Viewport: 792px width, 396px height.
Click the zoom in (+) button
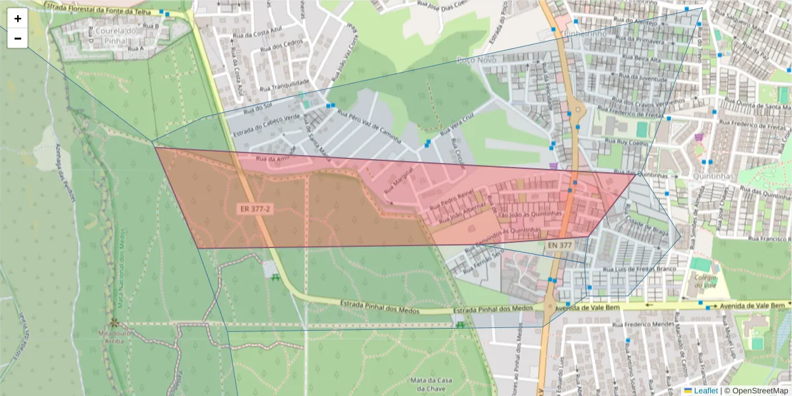[x=18, y=19]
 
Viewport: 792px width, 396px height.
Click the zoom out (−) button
[x=18, y=38]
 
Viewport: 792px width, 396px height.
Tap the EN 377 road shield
[x=559, y=246]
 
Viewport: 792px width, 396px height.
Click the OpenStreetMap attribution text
[x=757, y=391]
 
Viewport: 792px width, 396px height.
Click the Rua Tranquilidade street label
[x=285, y=82]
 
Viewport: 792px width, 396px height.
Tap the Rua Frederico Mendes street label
[x=649, y=325]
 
